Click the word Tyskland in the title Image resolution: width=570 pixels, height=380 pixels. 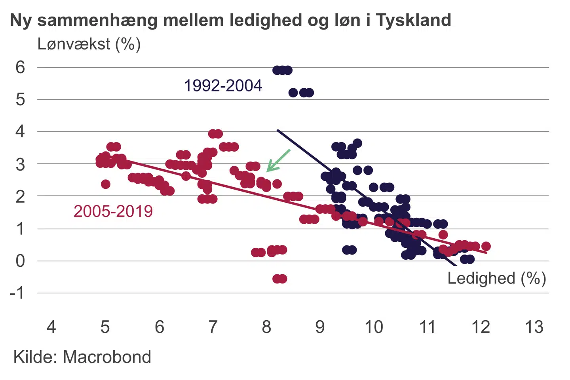[x=413, y=20]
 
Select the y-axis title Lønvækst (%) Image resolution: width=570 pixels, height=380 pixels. [x=89, y=44]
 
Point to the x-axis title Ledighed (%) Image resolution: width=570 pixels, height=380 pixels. [x=496, y=278]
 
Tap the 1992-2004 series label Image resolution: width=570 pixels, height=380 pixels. [x=223, y=85]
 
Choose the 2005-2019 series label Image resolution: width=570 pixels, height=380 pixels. [x=113, y=211]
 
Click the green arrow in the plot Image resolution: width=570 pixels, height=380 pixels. [x=278, y=160]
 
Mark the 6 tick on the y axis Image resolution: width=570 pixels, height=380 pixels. [x=20, y=67]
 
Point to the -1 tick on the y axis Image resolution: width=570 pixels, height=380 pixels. [x=17, y=293]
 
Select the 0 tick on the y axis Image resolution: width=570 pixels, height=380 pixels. [x=20, y=261]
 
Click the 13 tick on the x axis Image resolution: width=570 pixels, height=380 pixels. [x=534, y=327]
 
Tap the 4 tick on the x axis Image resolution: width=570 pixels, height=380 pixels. [x=51, y=327]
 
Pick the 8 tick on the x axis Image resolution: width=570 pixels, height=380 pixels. [x=266, y=327]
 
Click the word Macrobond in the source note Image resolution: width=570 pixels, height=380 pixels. [x=107, y=357]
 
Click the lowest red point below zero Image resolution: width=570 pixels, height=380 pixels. [x=280, y=279]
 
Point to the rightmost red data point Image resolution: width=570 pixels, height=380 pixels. [x=486, y=246]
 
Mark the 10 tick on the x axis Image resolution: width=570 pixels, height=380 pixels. [x=374, y=327]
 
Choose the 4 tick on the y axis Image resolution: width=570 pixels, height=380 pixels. [x=20, y=131]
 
